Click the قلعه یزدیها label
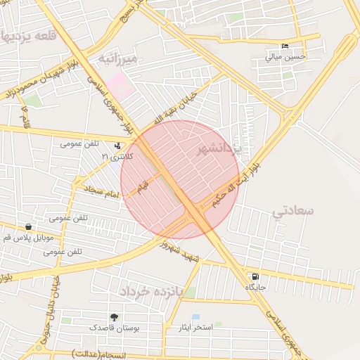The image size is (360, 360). pos(28,36)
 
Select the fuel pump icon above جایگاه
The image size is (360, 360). pos(255,276)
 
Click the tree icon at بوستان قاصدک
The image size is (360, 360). pos(114,318)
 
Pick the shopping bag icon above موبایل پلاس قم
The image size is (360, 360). pos(28,227)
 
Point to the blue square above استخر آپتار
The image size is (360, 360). pos(195,317)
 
